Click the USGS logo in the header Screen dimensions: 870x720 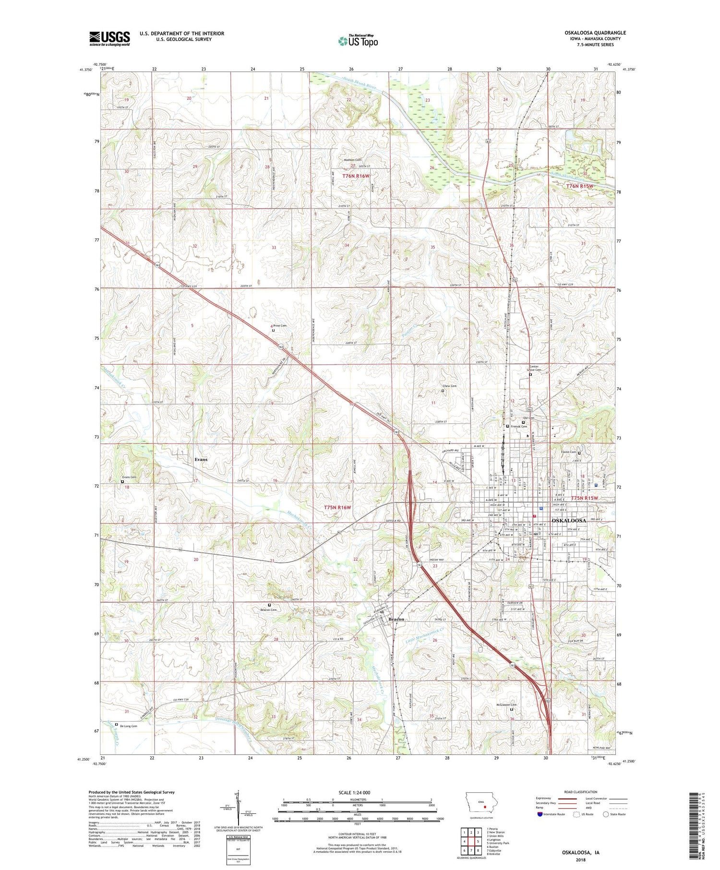click(109, 38)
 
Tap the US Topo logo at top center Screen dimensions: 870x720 click(358, 41)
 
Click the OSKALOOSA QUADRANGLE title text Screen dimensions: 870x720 click(596, 33)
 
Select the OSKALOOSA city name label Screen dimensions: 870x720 click(569, 520)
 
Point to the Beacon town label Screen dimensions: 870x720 click(396, 619)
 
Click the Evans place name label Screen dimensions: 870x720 click(201, 459)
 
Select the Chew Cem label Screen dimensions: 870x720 click(449, 386)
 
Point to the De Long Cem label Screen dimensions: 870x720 click(128, 726)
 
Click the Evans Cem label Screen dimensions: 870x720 click(129, 477)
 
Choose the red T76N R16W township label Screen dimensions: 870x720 click(356, 176)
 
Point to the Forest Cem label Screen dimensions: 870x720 click(568, 452)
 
